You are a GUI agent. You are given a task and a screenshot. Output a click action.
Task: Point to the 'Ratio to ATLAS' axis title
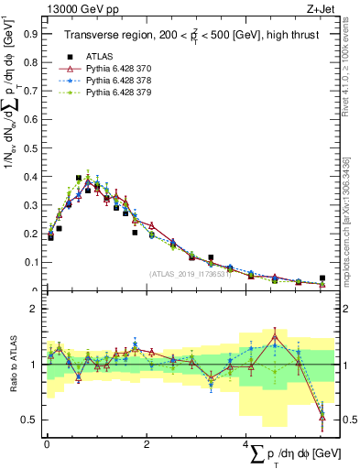[11, 365]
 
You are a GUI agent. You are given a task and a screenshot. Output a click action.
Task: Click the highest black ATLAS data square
[79, 178]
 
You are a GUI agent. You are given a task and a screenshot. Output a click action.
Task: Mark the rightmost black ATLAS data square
[322, 278]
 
